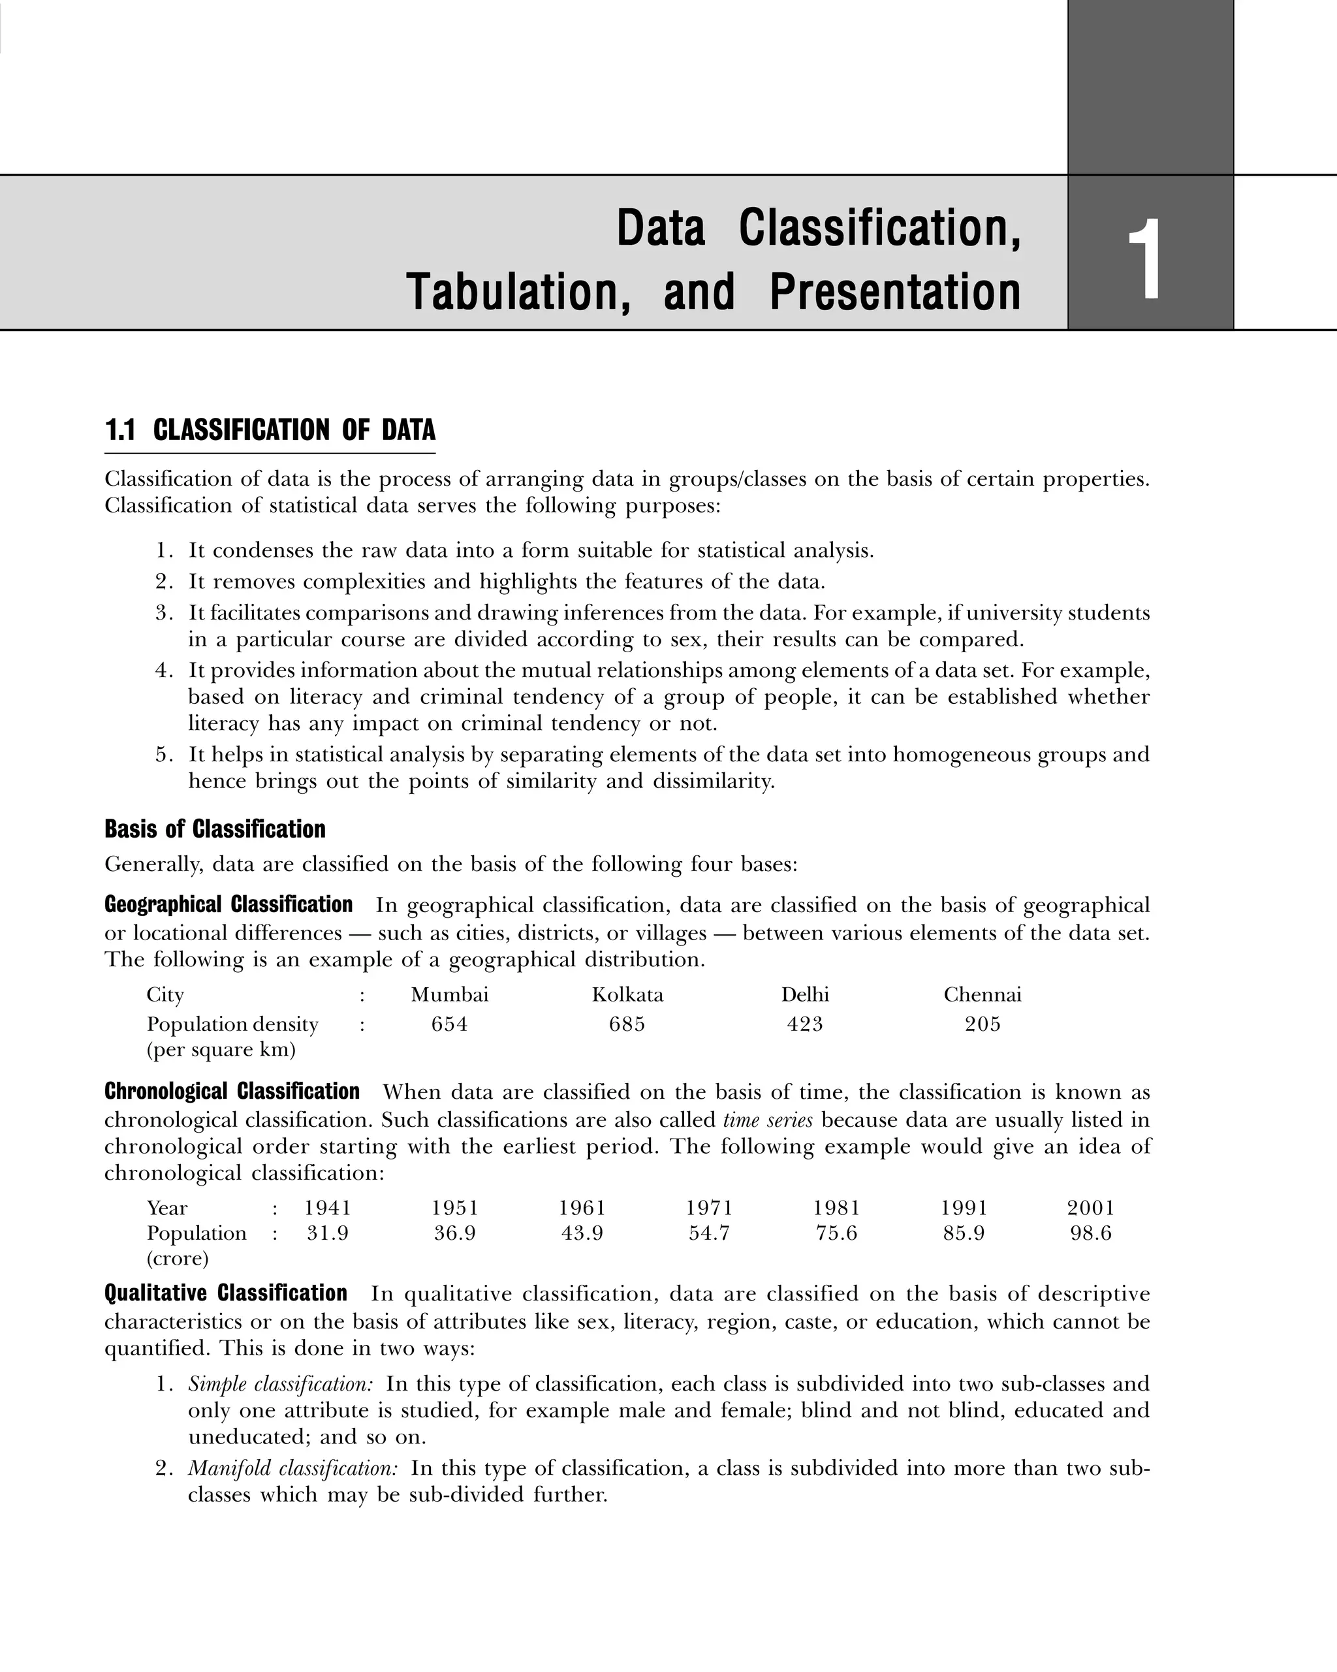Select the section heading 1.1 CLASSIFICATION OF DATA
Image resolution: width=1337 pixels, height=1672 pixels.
pos(270,430)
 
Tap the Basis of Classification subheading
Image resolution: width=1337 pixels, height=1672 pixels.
pos(215,829)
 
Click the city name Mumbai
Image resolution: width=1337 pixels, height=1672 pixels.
pos(450,995)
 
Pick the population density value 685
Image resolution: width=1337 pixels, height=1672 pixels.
pos(627,1024)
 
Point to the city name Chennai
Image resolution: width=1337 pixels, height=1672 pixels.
pos(982,995)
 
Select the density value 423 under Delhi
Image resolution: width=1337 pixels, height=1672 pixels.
pos(804,1024)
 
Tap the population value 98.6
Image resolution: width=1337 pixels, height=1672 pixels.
pos(1090,1233)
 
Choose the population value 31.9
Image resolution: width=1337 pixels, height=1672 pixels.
pos(327,1233)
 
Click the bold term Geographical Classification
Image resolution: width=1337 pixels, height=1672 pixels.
pos(228,905)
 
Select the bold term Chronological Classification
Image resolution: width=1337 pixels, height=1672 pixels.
pos(232,1092)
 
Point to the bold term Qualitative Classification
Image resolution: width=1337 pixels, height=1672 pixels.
pos(226,1293)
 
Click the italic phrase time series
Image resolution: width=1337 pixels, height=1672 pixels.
pos(768,1120)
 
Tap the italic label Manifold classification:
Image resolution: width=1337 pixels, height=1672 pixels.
pos(293,1468)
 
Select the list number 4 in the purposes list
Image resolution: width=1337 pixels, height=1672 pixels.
pos(164,670)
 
